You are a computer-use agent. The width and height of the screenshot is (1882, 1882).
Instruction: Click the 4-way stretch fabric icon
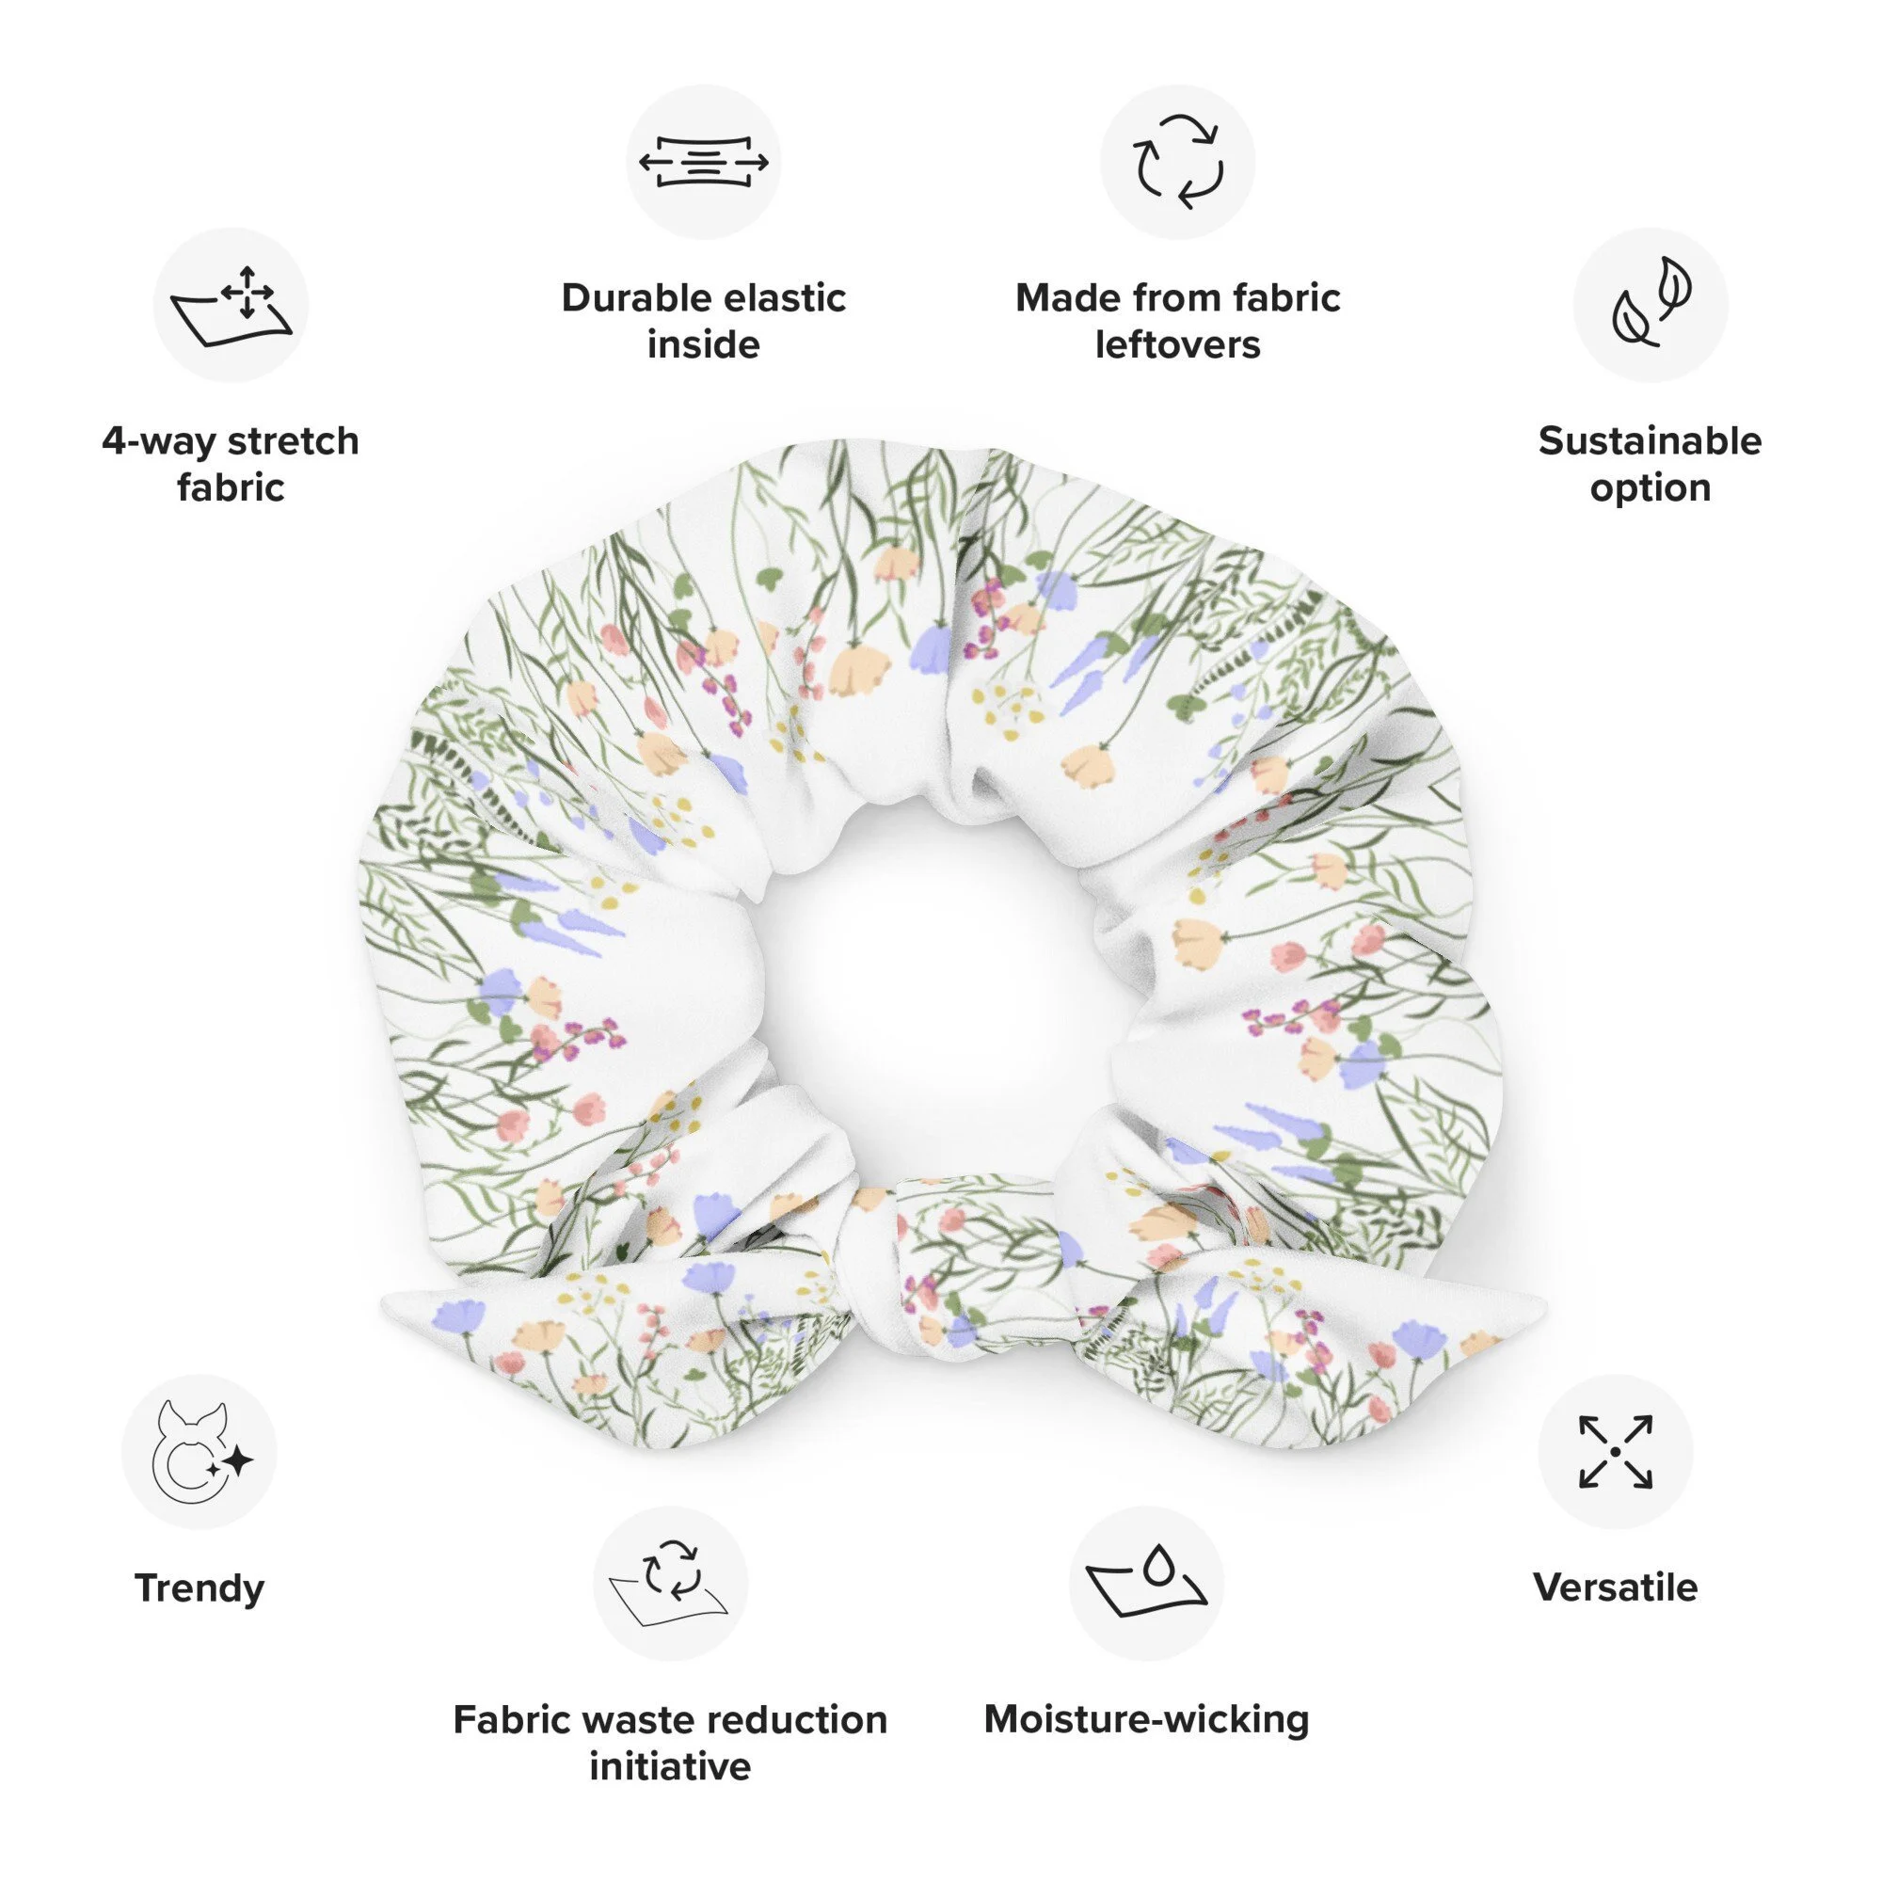coord(231,305)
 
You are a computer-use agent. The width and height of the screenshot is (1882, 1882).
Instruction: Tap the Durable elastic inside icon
coord(703,162)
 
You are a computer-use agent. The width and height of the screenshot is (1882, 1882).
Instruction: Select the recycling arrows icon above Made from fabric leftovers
coord(1177,162)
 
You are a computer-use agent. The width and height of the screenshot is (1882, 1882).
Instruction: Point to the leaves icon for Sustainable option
coord(1651,305)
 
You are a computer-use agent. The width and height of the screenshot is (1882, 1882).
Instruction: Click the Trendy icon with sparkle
coord(199,1451)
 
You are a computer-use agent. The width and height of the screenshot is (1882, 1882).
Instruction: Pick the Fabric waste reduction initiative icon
coord(670,1583)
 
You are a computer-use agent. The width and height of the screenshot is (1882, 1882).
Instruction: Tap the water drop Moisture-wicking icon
coord(1145,1583)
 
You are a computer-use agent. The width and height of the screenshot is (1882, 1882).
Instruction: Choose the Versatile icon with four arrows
coord(1615,1451)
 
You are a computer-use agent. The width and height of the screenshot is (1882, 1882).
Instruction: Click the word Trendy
coord(199,1588)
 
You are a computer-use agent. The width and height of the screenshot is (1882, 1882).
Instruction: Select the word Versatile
coord(1615,1588)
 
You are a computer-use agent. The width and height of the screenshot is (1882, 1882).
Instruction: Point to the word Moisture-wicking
coord(1145,1720)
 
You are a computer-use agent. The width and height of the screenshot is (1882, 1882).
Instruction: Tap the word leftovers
coord(1177,344)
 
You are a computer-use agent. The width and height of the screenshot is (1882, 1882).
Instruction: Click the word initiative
coord(670,1766)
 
